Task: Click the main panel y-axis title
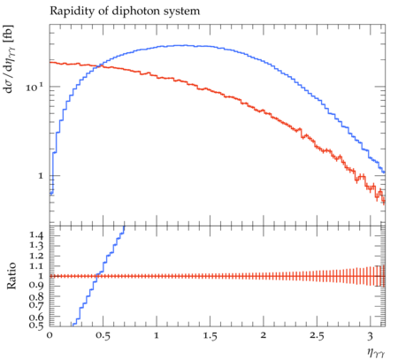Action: click(9, 58)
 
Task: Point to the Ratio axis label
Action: click(11, 276)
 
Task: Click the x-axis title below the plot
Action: click(376, 352)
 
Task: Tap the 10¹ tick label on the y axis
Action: click(34, 87)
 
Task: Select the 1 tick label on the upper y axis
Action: click(41, 176)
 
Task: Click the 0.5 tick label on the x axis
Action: click(103, 335)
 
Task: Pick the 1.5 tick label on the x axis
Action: click(210, 335)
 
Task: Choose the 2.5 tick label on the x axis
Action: click(317, 335)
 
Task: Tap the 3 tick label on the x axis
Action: click(371, 336)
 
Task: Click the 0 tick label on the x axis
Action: click(50, 335)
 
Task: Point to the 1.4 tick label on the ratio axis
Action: click(36, 235)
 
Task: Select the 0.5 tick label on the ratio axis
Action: click(36, 325)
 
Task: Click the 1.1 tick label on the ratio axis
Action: click(36, 266)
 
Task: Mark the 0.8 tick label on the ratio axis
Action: click(36, 296)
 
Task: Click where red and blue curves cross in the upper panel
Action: click(100, 65)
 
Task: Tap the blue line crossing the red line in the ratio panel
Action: click(96, 276)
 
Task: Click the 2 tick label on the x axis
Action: click(264, 335)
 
